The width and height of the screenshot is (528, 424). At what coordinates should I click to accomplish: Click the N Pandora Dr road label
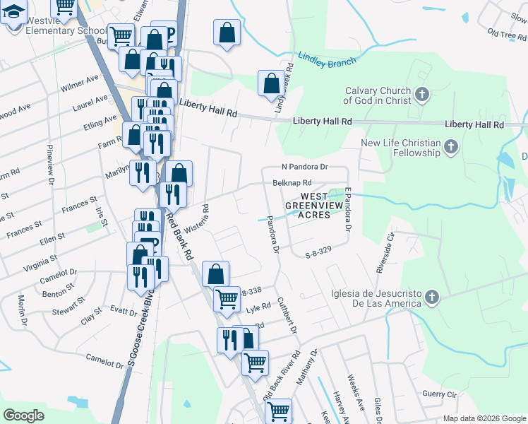click(x=305, y=167)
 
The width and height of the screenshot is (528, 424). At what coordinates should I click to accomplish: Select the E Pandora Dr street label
click(x=347, y=209)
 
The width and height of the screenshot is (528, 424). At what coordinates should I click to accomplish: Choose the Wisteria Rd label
click(x=197, y=220)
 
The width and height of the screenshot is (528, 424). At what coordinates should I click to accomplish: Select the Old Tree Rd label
click(x=507, y=33)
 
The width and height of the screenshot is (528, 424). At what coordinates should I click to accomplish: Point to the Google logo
click(x=23, y=416)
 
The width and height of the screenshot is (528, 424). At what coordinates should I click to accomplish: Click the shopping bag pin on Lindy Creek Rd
click(x=271, y=83)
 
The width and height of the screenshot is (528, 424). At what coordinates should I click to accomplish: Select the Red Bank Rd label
click(x=181, y=237)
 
